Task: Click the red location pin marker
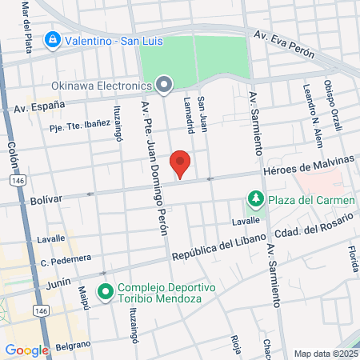[x=182, y=162]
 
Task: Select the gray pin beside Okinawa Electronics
[x=165, y=84]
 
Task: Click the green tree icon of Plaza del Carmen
[x=255, y=198]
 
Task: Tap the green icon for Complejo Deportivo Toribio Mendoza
[x=104, y=292]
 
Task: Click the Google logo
[x=26, y=350]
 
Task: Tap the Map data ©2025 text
[x=326, y=354]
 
